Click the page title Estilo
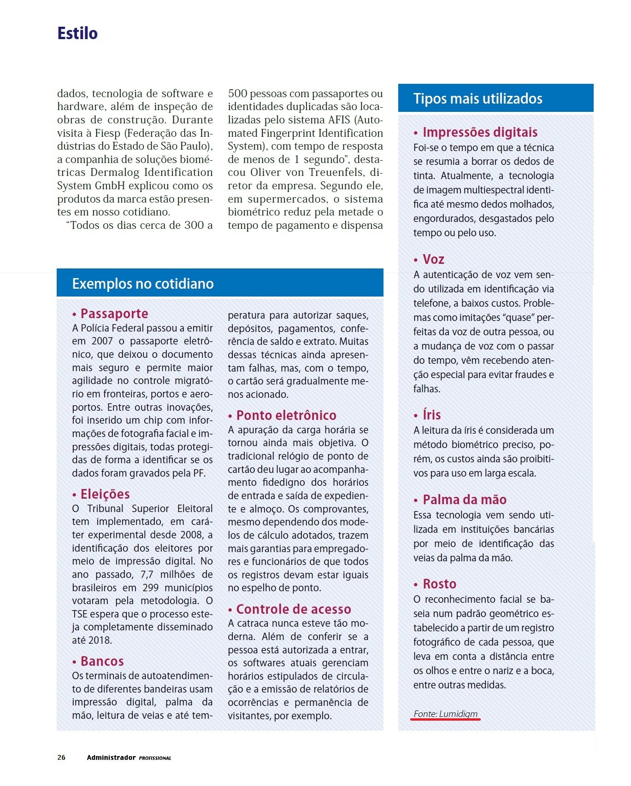pyautogui.click(x=77, y=34)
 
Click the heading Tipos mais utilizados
pyautogui.click(x=478, y=99)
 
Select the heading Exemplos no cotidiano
pyautogui.click(x=143, y=284)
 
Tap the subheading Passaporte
pyautogui.click(x=114, y=314)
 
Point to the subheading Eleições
pyautogui.click(x=105, y=494)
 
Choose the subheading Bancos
pyautogui.click(x=102, y=661)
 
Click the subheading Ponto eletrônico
pyautogui.click(x=286, y=415)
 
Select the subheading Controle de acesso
pyautogui.click(x=294, y=609)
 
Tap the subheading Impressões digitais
pyautogui.click(x=480, y=132)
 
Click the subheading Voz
pyautogui.click(x=434, y=259)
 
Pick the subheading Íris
pyautogui.click(x=432, y=415)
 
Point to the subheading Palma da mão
pyautogui.click(x=465, y=500)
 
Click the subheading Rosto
pyautogui.click(x=440, y=584)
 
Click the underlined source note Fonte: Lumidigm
pyautogui.click(x=446, y=714)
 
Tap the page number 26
pyautogui.click(x=61, y=757)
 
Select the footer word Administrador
pyautogui.click(x=111, y=757)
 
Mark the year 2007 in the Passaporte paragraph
pyautogui.click(x=102, y=341)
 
